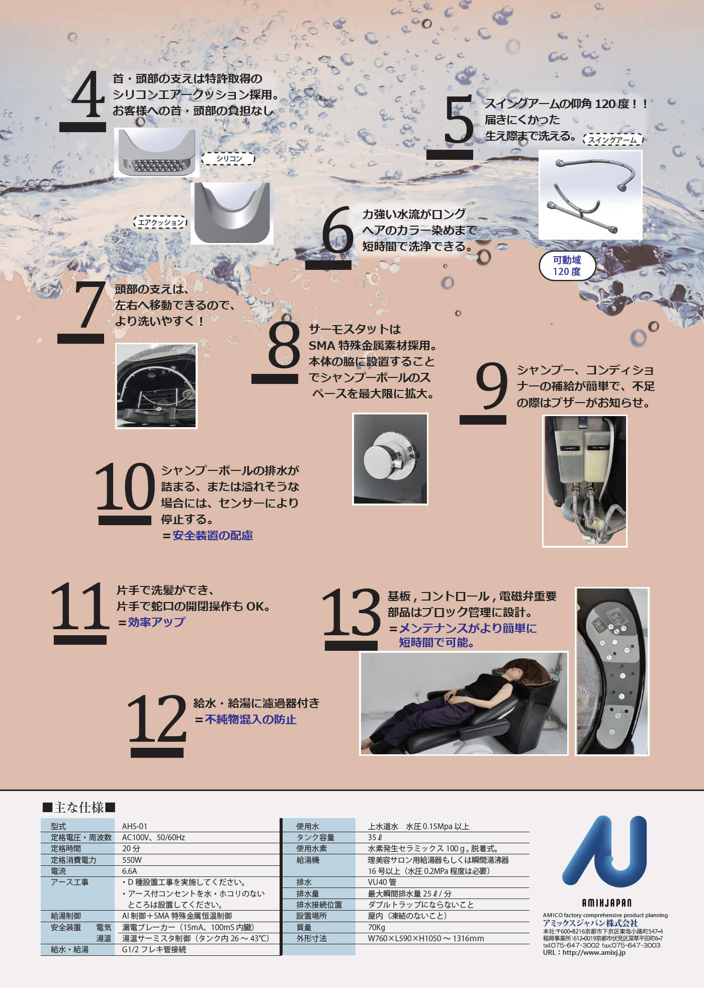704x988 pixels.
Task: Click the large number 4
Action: (x=88, y=94)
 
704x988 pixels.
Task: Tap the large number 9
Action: (x=491, y=386)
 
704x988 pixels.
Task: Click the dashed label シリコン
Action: (x=229, y=159)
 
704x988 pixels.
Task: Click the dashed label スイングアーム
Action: (x=612, y=140)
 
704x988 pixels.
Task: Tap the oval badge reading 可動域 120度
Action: (x=567, y=266)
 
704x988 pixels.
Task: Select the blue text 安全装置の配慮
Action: (x=213, y=536)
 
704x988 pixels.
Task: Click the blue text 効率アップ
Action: (x=156, y=622)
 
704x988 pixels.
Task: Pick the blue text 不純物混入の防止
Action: (x=250, y=720)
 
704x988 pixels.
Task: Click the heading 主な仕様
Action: (x=79, y=808)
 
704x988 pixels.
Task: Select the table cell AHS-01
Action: (x=135, y=826)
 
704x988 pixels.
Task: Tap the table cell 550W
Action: (x=132, y=860)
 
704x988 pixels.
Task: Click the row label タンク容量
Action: (x=315, y=837)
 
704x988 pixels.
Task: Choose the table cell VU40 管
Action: (x=382, y=882)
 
